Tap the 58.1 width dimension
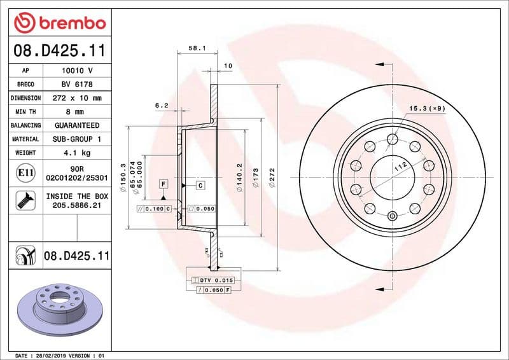[x=196, y=47]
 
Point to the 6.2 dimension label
[x=161, y=106]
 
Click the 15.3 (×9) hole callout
[x=427, y=108]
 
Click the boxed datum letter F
[x=163, y=183]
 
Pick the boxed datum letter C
[x=200, y=185]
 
